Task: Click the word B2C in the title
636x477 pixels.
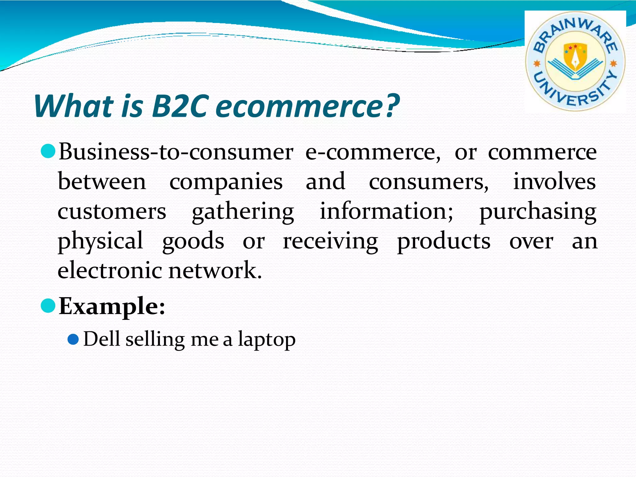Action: click(179, 106)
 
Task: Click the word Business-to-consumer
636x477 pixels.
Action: click(176, 152)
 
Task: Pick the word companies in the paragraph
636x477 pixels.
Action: click(226, 182)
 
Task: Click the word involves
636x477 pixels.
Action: click(554, 181)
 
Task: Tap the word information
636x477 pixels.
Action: click(386, 211)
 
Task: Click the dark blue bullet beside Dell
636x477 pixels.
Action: click(73, 339)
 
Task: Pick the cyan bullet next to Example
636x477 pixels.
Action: click(48, 306)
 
